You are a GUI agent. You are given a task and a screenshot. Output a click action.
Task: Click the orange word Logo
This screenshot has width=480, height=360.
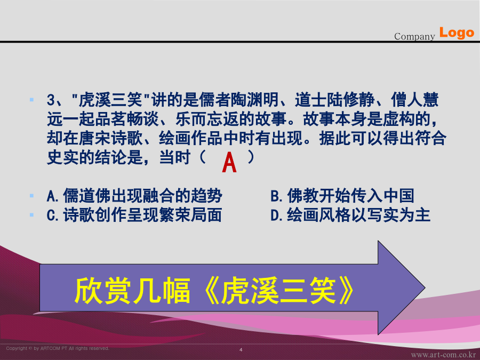(457, 33)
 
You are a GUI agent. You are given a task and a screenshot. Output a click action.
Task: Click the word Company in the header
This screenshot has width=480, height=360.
(414, 37)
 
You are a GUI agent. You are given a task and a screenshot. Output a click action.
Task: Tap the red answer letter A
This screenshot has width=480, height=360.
(229, 163)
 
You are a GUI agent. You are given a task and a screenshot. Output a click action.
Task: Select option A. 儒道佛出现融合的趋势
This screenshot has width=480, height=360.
(134, 196)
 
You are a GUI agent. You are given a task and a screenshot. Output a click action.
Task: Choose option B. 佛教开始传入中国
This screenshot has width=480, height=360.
(342, 196)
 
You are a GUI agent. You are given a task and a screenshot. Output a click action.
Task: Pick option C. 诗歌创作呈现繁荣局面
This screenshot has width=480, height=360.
(134, 215)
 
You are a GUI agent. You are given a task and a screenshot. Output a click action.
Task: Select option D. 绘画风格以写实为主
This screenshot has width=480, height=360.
(350, 215)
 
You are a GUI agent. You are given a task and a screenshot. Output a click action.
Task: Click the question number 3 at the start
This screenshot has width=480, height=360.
(51, 100)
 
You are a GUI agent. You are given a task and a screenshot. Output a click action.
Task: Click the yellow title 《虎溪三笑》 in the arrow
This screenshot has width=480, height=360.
(279, 291)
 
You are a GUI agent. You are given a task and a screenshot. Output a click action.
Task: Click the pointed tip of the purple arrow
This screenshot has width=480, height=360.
(425, 287)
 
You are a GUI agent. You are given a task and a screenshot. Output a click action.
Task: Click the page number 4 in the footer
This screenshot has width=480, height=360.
(241, 349)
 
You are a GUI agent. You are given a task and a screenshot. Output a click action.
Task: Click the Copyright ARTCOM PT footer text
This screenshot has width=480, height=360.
(58, 348)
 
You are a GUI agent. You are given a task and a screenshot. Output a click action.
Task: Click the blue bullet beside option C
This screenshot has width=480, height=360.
(31, 215)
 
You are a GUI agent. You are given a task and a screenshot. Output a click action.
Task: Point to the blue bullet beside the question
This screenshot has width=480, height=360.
(31, 100)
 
